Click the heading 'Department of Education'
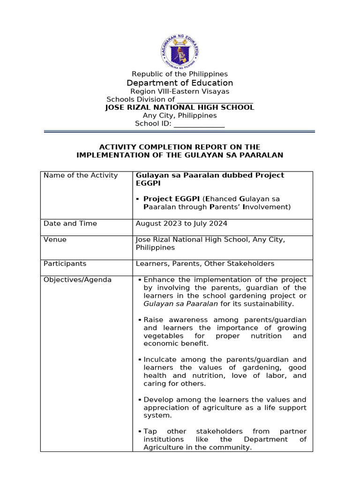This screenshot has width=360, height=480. pos(180,83)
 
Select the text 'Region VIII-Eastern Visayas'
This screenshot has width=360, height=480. pos(180,91)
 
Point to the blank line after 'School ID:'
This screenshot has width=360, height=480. pos(199,124)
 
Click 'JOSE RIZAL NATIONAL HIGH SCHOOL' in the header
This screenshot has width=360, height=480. pos(180,107)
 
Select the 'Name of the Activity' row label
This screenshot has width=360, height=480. pos(80,175)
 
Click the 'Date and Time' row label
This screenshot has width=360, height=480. pos(70,224)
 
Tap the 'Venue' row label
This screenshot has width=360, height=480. pos(55,240)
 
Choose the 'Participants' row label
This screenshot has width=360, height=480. pos(65,263)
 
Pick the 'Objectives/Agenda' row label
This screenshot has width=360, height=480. pos(77,280)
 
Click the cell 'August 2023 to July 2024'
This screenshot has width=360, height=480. pos(181,224)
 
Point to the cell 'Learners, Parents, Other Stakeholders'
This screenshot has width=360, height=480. pos(205,263)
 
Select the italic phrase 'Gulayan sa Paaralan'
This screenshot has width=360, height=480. pos(180,304)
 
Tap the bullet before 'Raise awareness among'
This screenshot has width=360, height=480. pos(140,320)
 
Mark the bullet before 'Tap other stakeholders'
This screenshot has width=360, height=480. pos(140,431)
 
